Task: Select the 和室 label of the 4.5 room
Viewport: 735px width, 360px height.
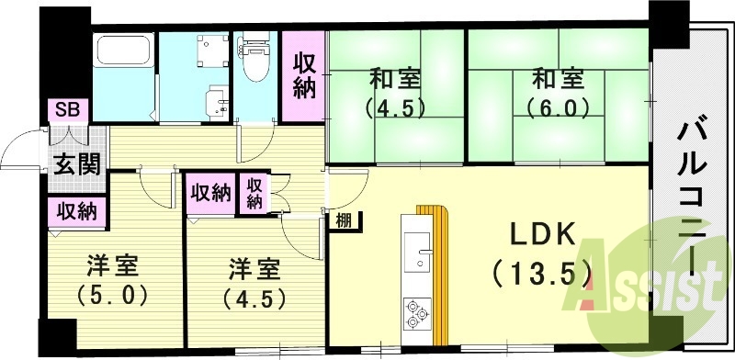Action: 396,76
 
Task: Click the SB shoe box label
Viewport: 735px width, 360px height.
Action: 67,109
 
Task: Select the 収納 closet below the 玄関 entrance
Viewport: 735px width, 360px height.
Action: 77,211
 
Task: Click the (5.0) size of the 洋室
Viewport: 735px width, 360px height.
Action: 113,297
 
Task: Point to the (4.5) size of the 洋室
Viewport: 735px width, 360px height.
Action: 254,298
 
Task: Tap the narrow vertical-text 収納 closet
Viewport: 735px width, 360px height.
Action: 254,192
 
